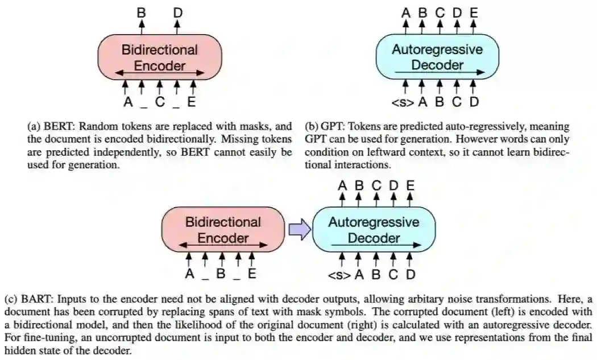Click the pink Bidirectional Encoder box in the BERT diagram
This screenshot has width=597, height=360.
pos(160,57)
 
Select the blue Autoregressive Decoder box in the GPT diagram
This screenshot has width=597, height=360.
pos(437,57)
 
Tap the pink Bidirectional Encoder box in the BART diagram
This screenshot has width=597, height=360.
pos(223,229)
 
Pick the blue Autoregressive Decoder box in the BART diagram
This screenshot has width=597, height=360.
pos(374,229)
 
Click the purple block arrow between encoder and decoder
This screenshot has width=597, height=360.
pos(299,229)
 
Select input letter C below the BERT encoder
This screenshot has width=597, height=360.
pos(160,103)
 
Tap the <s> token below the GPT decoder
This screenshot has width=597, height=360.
pos(403,103)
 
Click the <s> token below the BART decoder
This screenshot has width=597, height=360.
pos(339,275)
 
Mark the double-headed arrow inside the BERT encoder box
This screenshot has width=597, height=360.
pos(160,73)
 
